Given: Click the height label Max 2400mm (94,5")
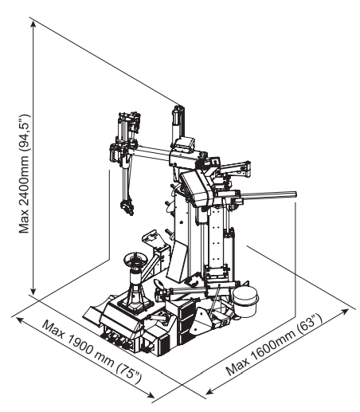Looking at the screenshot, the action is point(25,174).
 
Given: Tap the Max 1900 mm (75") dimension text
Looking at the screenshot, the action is point(92,352).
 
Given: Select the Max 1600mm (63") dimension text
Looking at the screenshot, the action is point(274,344).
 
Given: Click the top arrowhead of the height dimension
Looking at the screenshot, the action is point(33,23).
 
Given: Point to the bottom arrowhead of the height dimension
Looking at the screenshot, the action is point(33,291).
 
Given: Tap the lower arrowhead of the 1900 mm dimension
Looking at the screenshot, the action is point(151,395).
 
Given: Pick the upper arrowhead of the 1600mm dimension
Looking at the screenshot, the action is point(345,311).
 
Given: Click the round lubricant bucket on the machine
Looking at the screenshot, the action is point(245,301).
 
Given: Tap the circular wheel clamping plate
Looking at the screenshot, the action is point(135,258).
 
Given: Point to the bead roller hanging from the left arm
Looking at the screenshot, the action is point(127,206).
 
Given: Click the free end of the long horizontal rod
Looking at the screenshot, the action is point(295,194).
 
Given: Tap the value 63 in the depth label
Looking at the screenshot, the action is point(307,326).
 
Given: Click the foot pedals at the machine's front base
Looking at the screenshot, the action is point(117,339).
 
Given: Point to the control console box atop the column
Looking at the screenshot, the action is point(184,144).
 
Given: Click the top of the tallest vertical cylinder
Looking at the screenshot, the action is point(178,108).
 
